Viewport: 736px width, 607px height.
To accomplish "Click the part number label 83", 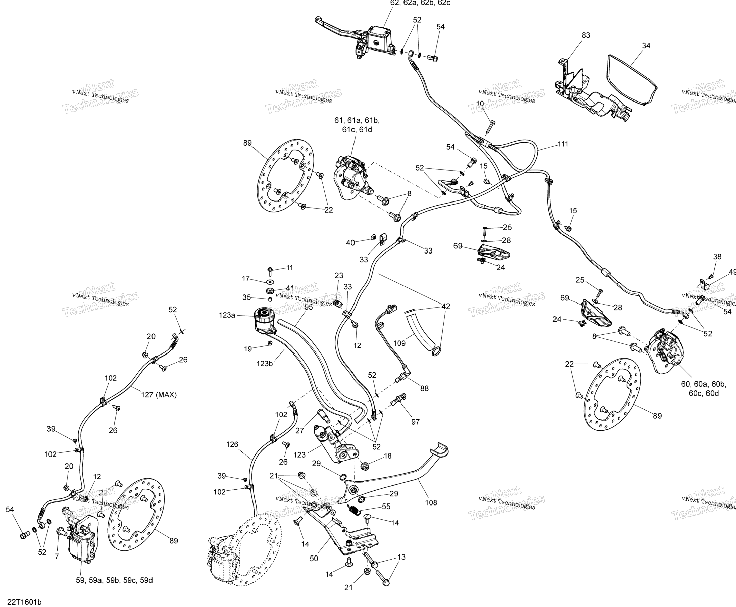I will [586, 35].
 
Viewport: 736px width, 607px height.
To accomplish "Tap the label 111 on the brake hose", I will [563, 144].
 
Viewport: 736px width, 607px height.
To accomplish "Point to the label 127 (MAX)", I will [159, 395].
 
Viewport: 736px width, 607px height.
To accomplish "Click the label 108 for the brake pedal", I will [431, 503].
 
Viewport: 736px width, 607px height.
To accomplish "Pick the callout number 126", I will [232, 444].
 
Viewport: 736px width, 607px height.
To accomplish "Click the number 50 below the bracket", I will [314, 558].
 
